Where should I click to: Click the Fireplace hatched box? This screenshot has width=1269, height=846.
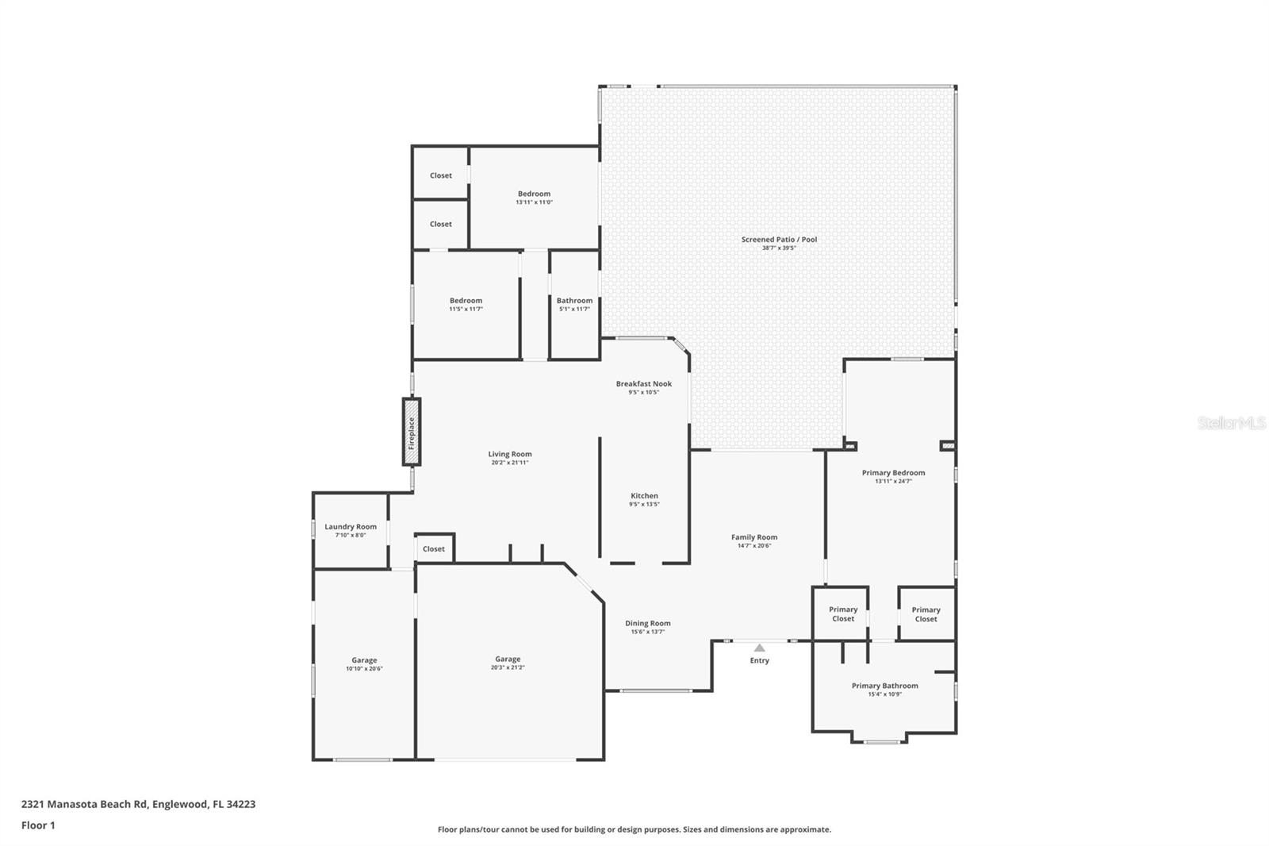(x=411, y=432)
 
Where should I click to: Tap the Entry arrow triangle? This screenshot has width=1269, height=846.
(x=759, y=648)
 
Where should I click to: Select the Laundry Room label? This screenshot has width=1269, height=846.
(x=351, y=527)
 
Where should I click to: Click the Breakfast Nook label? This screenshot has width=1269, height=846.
(x=643, y=384)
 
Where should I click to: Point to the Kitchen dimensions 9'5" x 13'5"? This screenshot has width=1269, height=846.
(x=644, y=505)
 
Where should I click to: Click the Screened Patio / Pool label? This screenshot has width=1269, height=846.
(x=779, y=240)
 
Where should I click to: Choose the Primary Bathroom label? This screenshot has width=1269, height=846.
(x=884, y=686)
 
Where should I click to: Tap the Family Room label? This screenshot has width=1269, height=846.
(x=753, y=537)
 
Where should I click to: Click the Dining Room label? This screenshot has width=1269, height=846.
(x=647, y=624)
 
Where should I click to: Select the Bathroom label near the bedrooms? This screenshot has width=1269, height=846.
(x=574, y=301)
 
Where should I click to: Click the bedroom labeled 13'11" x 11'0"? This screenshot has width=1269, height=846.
(x=534, y=194)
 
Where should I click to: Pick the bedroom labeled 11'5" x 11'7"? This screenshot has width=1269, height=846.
(x=466, y=301)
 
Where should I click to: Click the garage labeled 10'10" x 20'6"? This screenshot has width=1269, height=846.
(x=364, y=660)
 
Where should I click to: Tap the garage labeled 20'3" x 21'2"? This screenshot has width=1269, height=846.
(x=508, y=659)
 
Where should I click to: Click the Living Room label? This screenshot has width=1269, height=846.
(x=509, y=455)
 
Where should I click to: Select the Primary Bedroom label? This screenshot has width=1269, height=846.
(x=893, y=473)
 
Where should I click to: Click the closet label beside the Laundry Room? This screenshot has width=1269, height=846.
(x=434, y=549)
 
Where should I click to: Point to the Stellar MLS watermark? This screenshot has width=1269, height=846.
(x=1231, y=423)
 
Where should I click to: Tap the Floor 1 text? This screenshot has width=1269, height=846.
(x=38, y=825)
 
